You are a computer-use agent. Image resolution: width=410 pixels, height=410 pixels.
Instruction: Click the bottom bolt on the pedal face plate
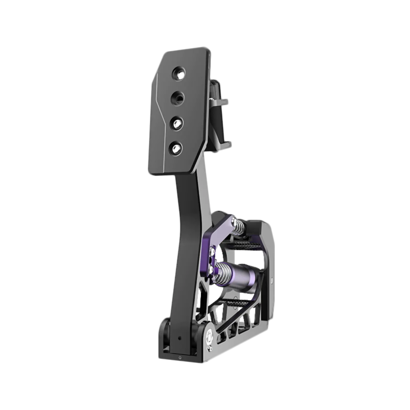[176, 147]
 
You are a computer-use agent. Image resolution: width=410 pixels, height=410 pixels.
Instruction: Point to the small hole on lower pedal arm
[179, 338]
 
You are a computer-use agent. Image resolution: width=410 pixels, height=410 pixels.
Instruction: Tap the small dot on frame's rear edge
[272, 279]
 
